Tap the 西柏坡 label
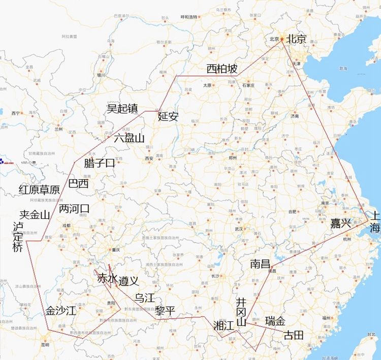221,69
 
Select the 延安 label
168,116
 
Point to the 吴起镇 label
122,109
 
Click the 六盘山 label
129,138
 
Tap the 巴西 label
78,183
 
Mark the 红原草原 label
39,189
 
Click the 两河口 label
74,209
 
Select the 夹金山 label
35,215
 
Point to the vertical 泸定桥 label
18,237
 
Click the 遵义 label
129,280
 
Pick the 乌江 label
145,298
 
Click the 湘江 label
224,325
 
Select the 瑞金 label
275,321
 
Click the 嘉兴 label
341,223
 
